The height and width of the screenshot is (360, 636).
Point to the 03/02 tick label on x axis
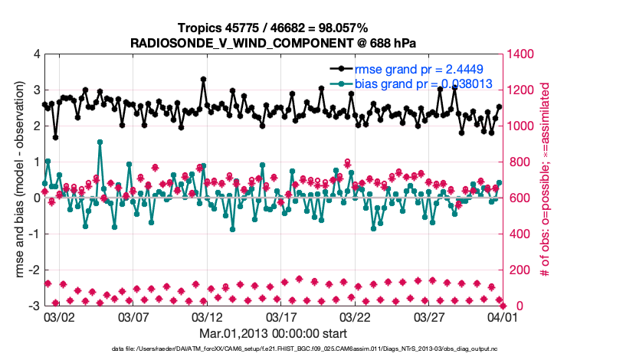tap(59, 316)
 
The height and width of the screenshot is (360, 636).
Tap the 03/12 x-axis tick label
tap(207, 316)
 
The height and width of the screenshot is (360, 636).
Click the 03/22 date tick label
tap(355, 316)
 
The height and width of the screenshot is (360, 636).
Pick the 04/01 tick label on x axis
tap(503, 316)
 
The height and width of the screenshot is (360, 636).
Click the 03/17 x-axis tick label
tap(280, 316)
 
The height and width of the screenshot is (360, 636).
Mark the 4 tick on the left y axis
tap(35, 54)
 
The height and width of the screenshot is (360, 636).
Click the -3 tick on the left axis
tap(33, 306)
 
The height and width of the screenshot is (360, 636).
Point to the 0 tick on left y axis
tap(35, 198)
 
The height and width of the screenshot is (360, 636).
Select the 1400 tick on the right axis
tap(523, 54)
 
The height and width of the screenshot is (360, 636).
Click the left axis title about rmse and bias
tap(17, 180)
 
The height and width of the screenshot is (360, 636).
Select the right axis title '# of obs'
tap(546, 180)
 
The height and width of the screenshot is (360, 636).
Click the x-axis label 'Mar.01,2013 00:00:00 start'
tap(273, 334)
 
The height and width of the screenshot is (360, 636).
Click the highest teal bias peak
tap(100, 142)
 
